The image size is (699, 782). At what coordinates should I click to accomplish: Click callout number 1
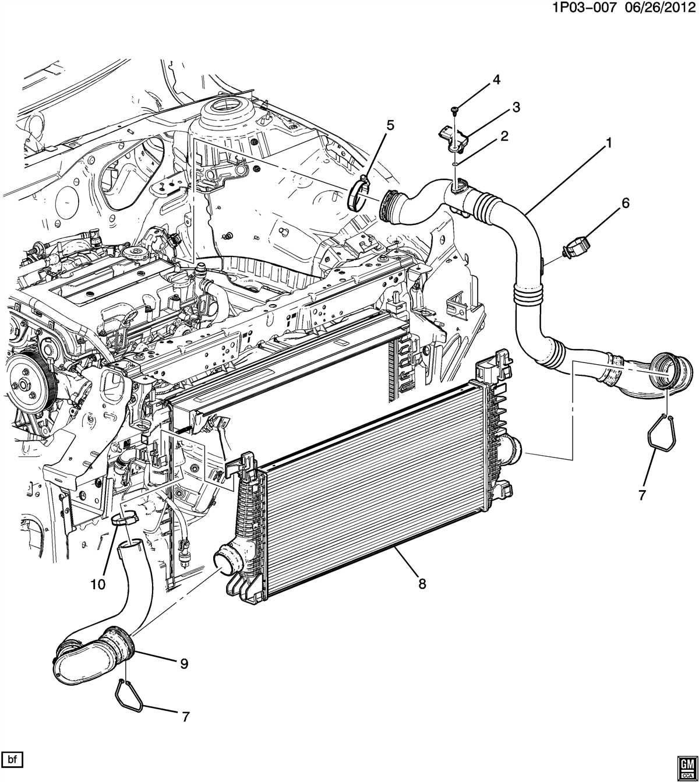pos(609,142)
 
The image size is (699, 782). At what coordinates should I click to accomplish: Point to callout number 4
pos(496,80)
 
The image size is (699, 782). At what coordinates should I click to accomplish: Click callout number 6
pos(626,203)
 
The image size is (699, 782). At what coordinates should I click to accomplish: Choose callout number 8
pos(422,583)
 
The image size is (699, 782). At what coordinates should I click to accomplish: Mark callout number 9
pos(184,663)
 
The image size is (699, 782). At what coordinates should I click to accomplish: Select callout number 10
pos(98,584)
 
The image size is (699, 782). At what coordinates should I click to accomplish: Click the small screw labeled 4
pos(454,109)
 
